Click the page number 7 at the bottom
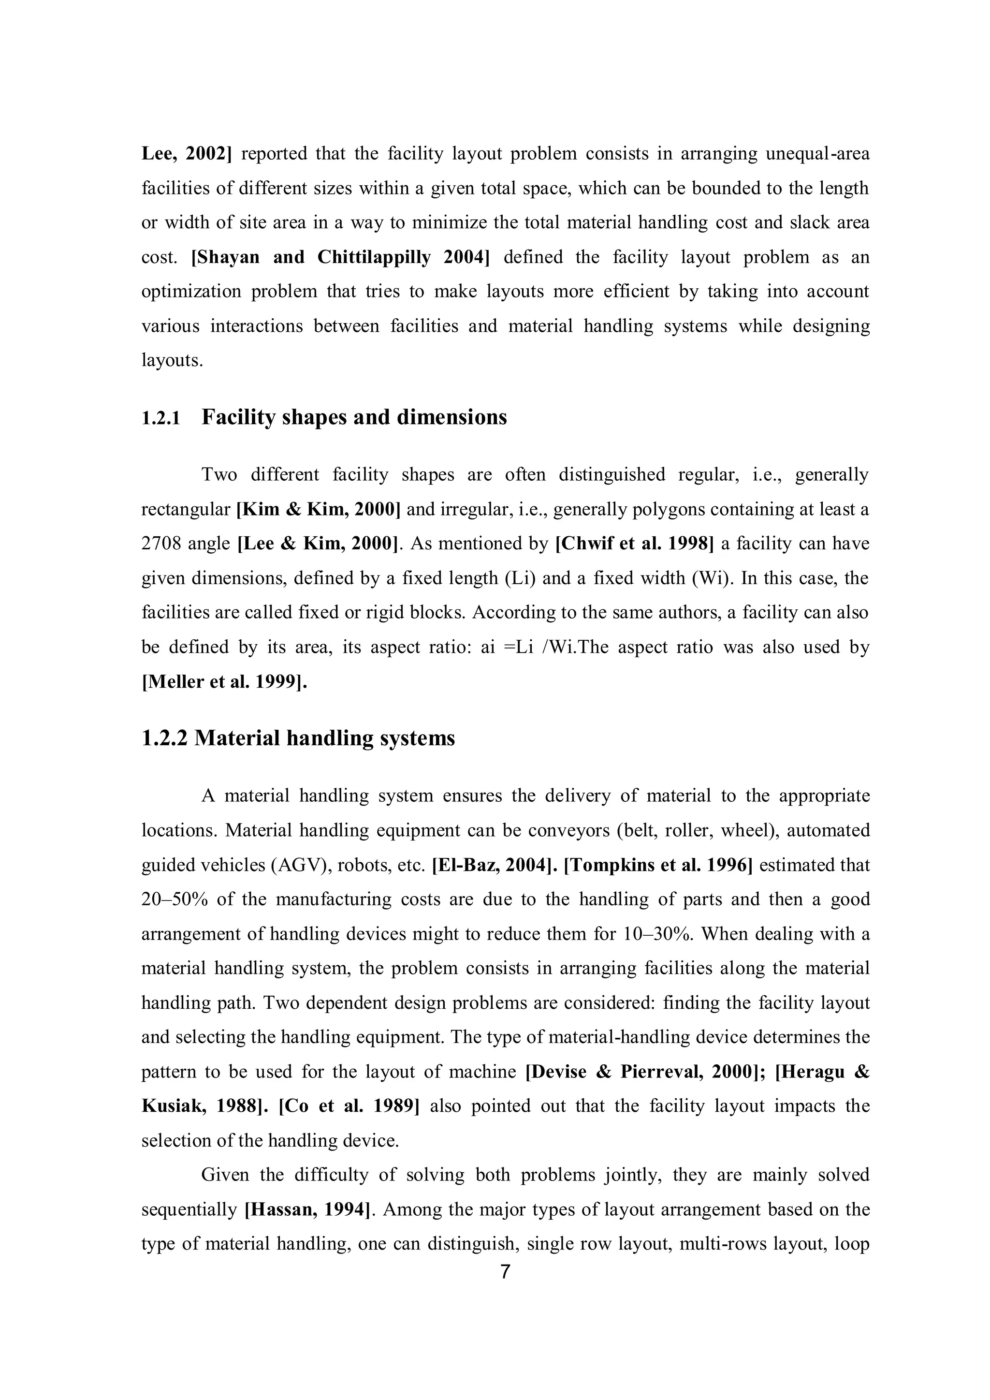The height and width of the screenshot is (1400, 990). pos(505,1272)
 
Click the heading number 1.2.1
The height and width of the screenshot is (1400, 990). pos(161,418)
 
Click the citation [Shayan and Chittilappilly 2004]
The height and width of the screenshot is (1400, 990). pos(341,257)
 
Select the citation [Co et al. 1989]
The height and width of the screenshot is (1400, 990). pos(349,1106)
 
